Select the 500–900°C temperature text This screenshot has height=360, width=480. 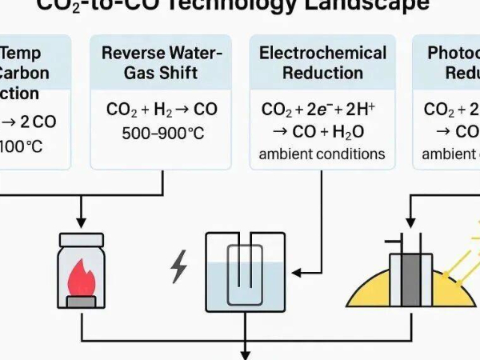[x=162, y=133]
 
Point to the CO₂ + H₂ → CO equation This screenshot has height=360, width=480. [x=162, y=110]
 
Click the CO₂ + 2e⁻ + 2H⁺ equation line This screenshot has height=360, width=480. [x=322, y=110]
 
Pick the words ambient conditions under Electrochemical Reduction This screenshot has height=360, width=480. [x=322, y=154]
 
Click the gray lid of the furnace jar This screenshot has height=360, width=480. [x=82, y=238]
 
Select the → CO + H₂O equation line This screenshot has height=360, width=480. [x=322, y=132]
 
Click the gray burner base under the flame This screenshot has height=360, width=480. [x=82, y=302]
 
